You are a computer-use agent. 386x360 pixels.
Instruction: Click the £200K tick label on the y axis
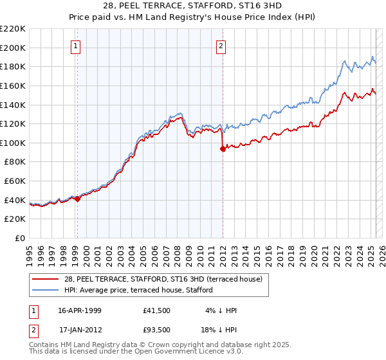click(13, 48)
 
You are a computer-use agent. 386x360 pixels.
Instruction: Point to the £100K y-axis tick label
click(13, 143)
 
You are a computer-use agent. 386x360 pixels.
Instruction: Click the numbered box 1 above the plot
click(77, 46)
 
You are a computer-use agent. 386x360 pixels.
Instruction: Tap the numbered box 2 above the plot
click(221, 46)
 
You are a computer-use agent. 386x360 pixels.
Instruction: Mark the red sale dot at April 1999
click(78, 199)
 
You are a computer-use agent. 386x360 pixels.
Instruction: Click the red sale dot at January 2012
click(223, 149)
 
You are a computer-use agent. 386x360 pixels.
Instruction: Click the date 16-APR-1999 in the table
click(80, 310)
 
